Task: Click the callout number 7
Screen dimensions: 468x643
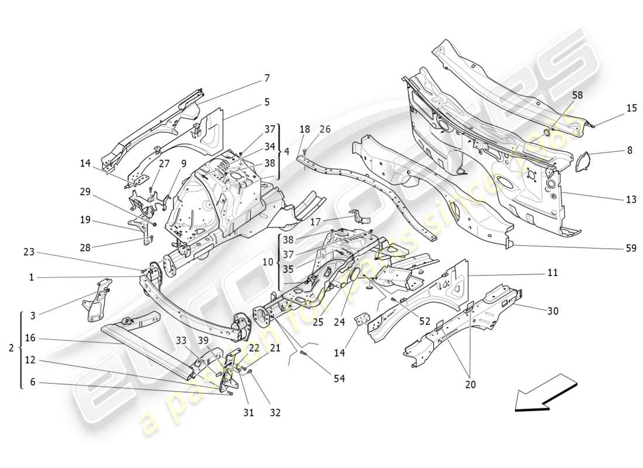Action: click(x=267, y=78)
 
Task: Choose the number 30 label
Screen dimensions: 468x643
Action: click(x=552, y=311)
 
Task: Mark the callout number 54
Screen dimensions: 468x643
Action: click(x=339, y=379)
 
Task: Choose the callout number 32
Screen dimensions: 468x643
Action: click(x=275, y=412)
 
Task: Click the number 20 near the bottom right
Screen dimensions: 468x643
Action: click(x=471, y=384)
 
